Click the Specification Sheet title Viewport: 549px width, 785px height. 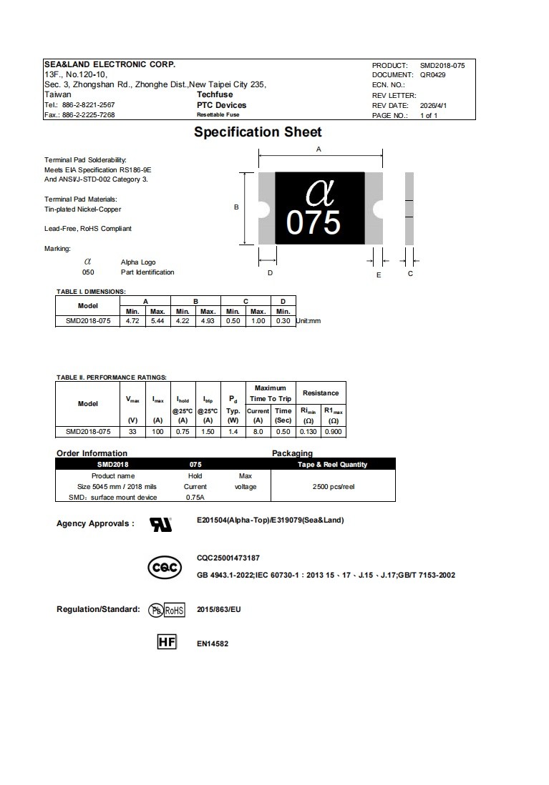click(x=258, y=132)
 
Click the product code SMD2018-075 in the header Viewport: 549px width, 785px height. click(x=442, y=65)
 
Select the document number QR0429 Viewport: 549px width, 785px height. click(x=432, y=74)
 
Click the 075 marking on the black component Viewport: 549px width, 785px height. click(x=314, y=223)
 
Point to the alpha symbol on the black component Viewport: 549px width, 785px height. click(x=319, y=191)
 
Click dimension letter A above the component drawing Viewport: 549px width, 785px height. click(x=319, y=149)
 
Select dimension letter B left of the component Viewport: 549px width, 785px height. click(x=236, y=207)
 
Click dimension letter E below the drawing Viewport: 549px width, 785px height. click(x=379, y=275)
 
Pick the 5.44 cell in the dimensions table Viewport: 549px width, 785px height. click(x=157, y=321)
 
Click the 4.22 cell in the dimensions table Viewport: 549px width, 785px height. click(x=183, y=321)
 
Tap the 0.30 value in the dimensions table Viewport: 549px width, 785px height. click(x=283, y=321)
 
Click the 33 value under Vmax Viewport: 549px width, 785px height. click(x=132, y=431)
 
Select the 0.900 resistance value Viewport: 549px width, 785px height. click(x=333, y=431)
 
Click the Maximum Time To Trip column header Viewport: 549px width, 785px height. click(x=270, y=393)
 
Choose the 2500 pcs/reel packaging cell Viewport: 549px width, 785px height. click(x=333, y=486)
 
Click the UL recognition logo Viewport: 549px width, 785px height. click(x=160, y=525)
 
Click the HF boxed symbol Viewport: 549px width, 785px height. click(x=166, y=642)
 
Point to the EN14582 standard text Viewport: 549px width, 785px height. click(x=213, y=643)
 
